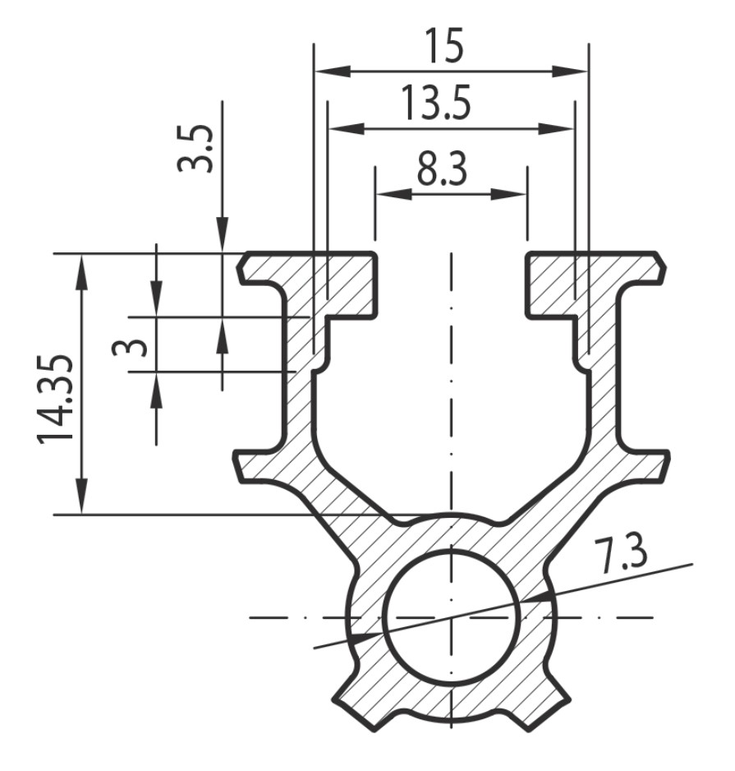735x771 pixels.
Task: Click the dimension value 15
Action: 444,46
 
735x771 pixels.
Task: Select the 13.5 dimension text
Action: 436,103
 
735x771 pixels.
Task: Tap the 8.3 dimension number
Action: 442,169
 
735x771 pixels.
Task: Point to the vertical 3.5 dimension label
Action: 195,148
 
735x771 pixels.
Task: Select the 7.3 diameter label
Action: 620,556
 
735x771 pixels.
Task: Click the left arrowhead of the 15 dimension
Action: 332,72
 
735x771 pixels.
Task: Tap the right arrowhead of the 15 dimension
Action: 570,72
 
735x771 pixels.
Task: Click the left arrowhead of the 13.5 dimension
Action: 347,129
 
